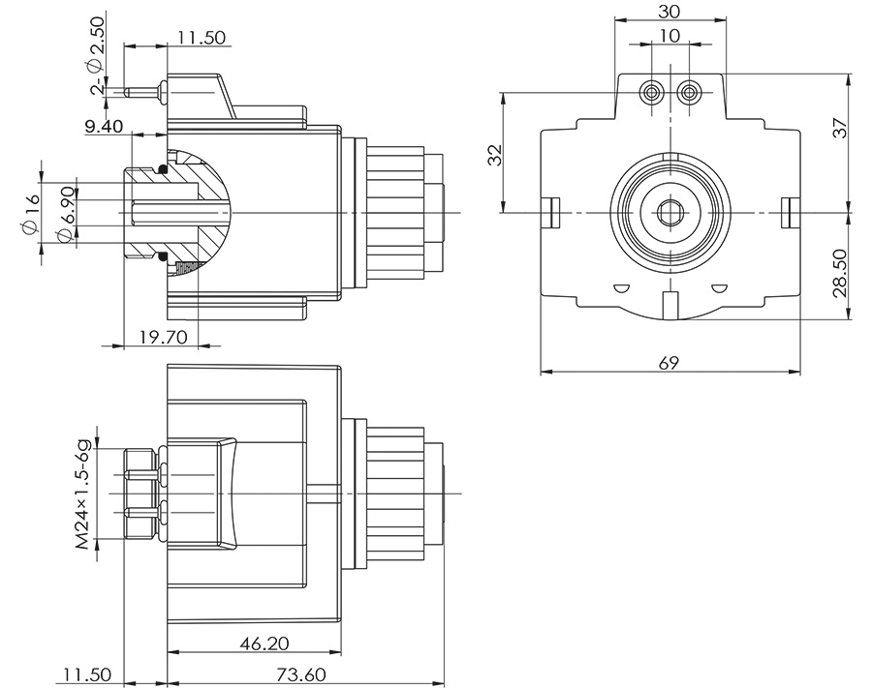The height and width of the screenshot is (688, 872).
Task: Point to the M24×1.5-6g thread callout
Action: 84,494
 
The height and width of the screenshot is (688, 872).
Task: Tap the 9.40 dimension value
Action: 104,125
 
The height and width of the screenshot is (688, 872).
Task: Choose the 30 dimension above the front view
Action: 669,11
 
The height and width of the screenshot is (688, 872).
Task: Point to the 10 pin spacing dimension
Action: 669,36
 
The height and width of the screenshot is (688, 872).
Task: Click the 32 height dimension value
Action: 494,155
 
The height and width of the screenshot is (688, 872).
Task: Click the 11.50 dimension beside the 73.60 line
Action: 86,674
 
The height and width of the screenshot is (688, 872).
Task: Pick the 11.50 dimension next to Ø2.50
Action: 202,38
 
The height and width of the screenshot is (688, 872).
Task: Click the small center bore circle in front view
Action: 669,212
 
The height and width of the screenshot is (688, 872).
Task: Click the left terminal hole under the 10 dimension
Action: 651,93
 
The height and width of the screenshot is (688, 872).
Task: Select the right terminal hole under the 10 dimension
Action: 689,93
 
